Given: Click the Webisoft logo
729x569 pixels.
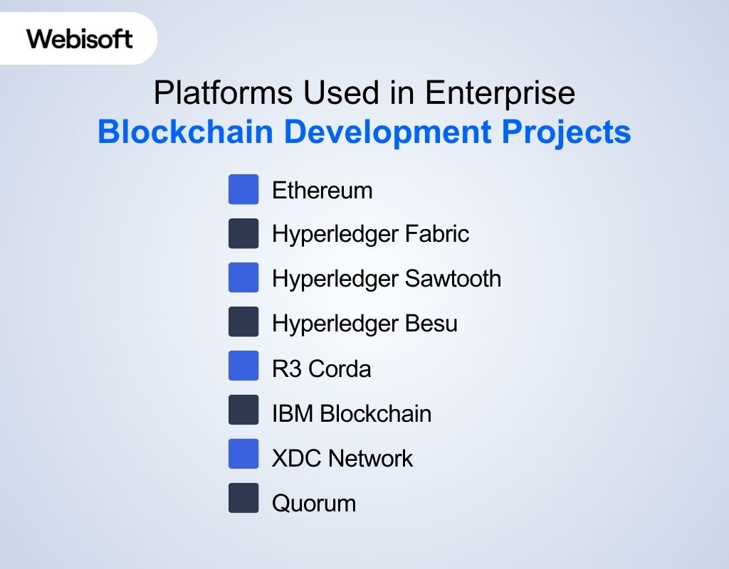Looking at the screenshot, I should point(80,38).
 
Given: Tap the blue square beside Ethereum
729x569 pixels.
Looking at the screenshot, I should point(243,190).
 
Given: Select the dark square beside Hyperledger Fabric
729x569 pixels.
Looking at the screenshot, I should point(243,234).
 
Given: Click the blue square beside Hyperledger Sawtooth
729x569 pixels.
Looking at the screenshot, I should point(243,278).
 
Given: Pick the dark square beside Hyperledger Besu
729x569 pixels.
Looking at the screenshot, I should point(243,322).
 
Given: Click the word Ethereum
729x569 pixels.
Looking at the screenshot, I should point(322,191).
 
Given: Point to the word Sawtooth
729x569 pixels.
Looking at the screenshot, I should point(453,278).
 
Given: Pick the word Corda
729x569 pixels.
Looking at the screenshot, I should point(340,369).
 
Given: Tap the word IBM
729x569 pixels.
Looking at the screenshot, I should point(293,413).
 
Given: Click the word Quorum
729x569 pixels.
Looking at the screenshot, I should point(314,504).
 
